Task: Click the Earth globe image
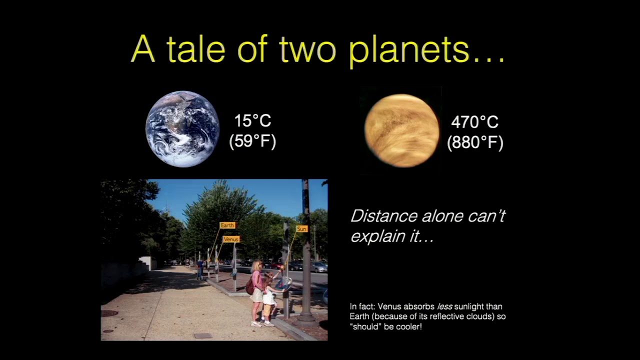tap(182, 129)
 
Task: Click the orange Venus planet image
tap(401, 130)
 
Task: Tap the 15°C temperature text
tap(252, 120)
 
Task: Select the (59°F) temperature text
tap(252, 141)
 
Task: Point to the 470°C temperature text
tap(474, 122)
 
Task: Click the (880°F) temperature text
tap(475, 142)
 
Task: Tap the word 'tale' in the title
tap(195, 48)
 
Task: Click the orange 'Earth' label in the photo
tap(227, 225)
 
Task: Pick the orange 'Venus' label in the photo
tap(231, 239)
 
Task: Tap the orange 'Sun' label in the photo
tap(301, 229)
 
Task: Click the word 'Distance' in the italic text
tap(384, 216)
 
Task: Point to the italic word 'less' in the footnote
tap(444, 306)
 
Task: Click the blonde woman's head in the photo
tap(256, 265)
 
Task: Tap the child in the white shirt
tap(268, 299)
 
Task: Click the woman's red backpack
tap(250, 286)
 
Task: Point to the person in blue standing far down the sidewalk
tap(200, 269)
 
